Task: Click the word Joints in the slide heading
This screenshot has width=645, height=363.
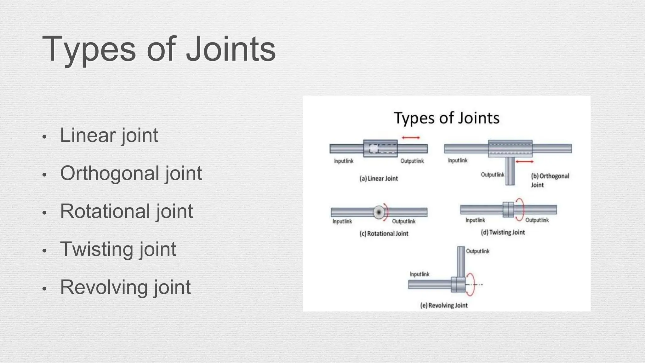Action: pos(231,49)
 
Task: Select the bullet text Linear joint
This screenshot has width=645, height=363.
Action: pos(109,135)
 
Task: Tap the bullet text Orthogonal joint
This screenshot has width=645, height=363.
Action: pos(131,173)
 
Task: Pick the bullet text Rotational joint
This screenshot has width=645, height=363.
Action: pos(126,211)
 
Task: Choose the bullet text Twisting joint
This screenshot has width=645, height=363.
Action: pos(118,249)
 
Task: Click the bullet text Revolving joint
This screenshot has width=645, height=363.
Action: pos(125,287)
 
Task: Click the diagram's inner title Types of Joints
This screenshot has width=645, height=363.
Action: pos(446,118)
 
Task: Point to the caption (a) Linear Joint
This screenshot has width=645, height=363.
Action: pos(379,178)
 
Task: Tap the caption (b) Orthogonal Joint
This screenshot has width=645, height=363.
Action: pos(550,180)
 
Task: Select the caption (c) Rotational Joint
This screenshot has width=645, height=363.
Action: pos(384,233)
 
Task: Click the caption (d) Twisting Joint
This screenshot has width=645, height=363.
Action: pos(503,232)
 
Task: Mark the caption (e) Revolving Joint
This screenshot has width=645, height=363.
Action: pos(444,305)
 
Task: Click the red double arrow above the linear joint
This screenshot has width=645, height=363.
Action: pos(411,138)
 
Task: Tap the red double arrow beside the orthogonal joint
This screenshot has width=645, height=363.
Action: pos(524,162)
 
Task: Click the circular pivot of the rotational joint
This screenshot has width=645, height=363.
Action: pos(379,212)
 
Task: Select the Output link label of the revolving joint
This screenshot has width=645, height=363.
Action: pos(477,251)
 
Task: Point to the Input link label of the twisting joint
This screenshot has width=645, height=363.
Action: pos(475,220)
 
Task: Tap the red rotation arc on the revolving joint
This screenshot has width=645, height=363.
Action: pos(471,284)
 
